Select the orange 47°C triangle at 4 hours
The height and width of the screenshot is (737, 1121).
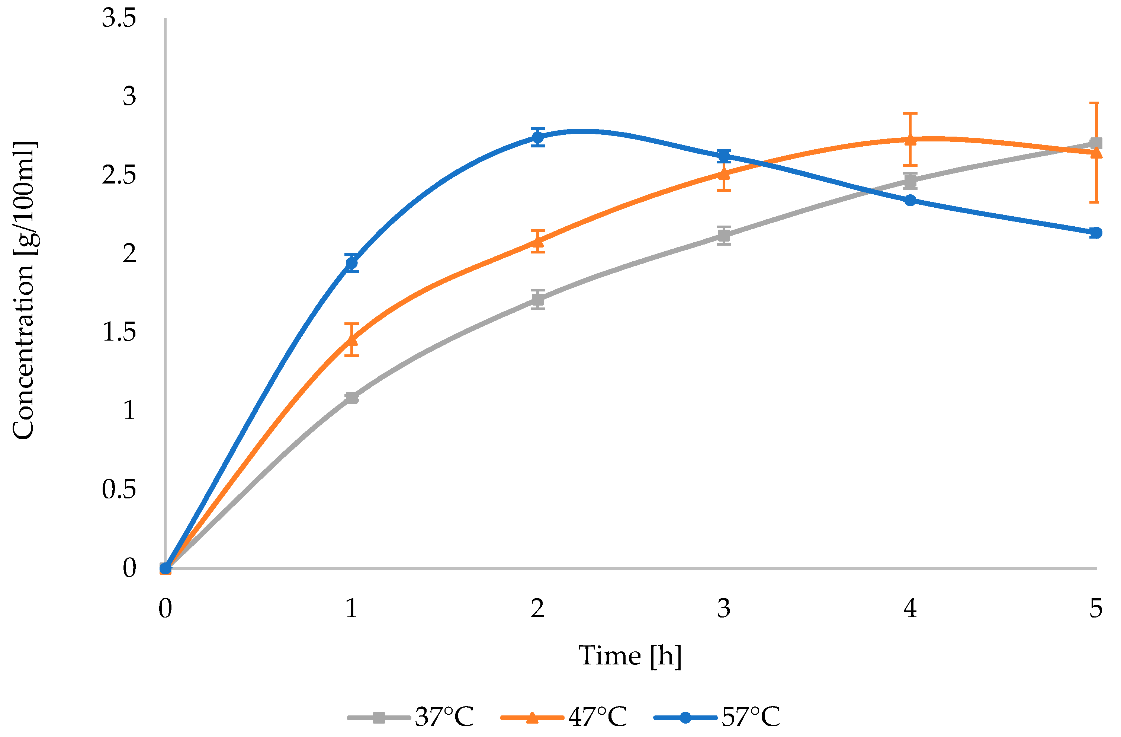coord(910,140)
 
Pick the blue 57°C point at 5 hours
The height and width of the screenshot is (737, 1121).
coord(1096,233)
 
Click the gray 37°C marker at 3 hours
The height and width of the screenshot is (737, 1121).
coord(724,236)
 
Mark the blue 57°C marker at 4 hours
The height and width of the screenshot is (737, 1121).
coord(910,200)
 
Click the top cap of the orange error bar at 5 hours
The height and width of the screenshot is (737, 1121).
coord(1096,103)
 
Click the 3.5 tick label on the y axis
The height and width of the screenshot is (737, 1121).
coord(119,19)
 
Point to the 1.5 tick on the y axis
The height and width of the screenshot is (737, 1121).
coord(119,333)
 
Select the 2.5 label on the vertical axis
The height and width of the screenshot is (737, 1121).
coord(119,176)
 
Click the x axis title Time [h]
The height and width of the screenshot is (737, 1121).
coord(630,656)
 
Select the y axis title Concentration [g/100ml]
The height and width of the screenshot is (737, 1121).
coord(23,291)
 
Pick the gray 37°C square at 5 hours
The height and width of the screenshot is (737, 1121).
coord(1096,143)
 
